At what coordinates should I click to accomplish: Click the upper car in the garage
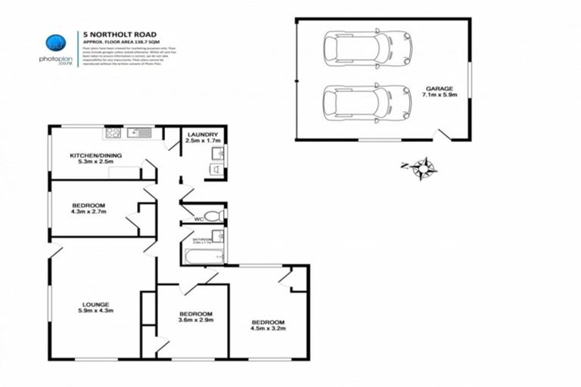click(x=367, y=48)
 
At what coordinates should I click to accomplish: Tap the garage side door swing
click(x=445, y=134)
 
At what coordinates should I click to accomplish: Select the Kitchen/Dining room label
click(x=95, y=159)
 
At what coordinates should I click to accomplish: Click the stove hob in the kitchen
click(x=114, y=134)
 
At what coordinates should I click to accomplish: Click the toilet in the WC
click(x=216, y=216)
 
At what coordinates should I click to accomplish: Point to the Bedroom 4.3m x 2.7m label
click(x=89, y=209)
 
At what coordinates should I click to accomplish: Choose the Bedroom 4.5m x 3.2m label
click(x=268, y=326)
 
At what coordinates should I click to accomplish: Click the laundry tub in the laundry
click(x=216, y=154)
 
